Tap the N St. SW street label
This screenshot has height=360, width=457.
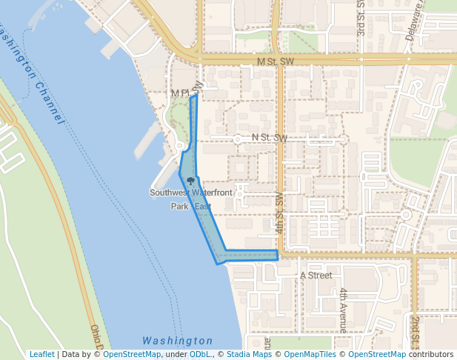(270, 138)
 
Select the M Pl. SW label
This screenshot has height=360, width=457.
(186, 93)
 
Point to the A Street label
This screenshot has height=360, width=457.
(316, 276)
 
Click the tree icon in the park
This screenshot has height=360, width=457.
(191, 181)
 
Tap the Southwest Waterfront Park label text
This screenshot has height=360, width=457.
(191, 193)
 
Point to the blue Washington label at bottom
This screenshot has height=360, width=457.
(177, 341)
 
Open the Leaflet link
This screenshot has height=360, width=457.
(41, 355)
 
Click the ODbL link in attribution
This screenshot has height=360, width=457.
(200, 355)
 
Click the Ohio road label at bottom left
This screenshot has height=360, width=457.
(96, 337)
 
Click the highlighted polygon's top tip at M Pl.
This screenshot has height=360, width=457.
(194, 96)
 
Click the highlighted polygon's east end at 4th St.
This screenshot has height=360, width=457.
(277, 255)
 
